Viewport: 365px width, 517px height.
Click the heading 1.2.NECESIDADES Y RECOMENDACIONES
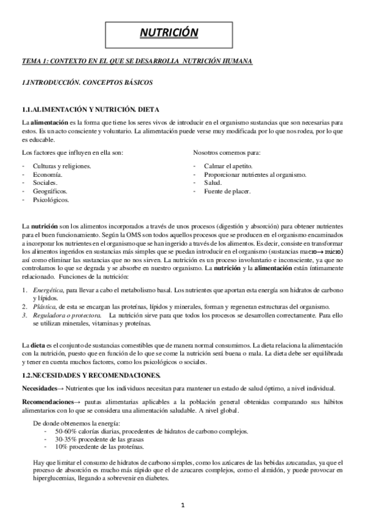(91, 374)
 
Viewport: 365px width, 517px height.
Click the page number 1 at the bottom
(182, 505)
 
